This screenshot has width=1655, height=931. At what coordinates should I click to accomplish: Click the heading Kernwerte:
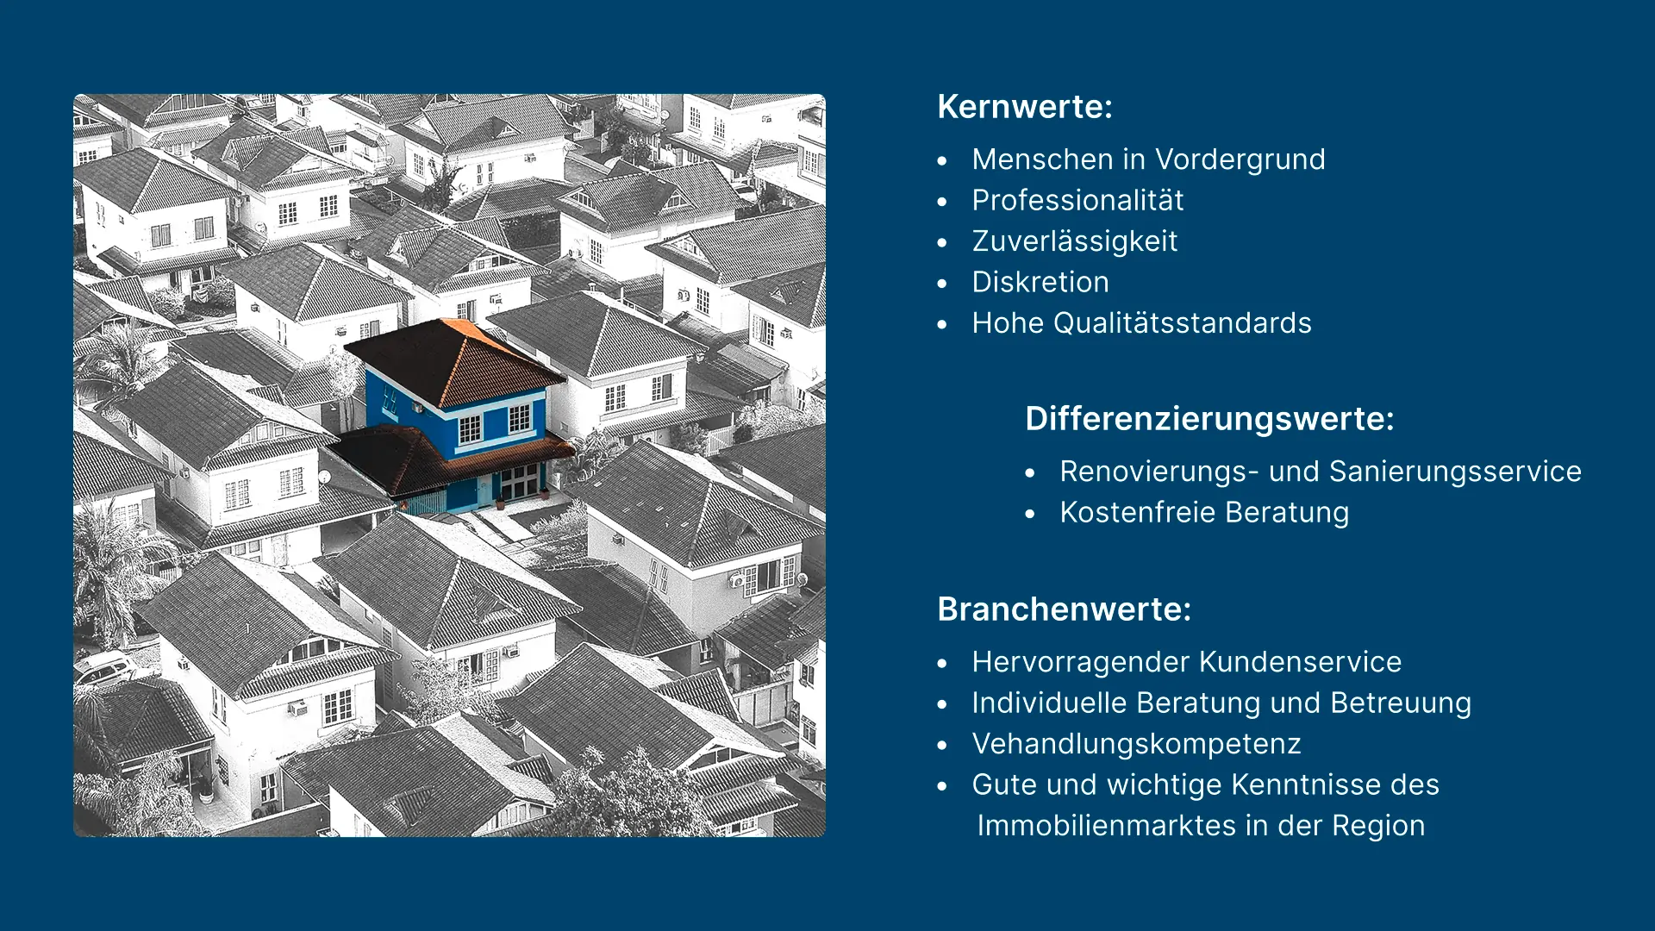[x=1025, y=107]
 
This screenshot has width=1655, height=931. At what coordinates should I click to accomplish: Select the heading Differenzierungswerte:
[x=1209, y=419]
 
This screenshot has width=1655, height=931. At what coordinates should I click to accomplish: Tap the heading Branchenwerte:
[x=1065, y=609]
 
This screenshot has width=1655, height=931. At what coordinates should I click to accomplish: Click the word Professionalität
[x=1077, y=200]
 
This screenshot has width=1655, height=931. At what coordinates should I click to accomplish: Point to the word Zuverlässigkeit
[x=1075, y=241]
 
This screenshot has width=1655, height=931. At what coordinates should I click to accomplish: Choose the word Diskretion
[x=1040, y=282]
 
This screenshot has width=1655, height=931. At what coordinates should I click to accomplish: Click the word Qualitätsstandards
[x=1183, y=323]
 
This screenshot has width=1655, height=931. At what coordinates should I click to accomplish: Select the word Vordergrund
[x=1240, y=159]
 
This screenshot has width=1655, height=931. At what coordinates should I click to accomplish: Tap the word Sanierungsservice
[x=1455, y=472]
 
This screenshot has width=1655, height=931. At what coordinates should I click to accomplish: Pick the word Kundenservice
[x=1301, y=662]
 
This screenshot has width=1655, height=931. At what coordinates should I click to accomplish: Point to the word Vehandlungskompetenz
[x=1136, y=744]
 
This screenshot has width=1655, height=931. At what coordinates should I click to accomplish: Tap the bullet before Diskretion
[x=942, y=284]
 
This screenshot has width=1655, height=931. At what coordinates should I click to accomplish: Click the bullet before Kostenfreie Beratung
[x=1030, y=514]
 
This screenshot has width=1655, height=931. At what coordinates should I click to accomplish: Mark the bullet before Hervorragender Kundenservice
[x=942, y=664]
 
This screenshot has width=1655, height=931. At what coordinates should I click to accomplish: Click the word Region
[x=1378, y=826]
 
